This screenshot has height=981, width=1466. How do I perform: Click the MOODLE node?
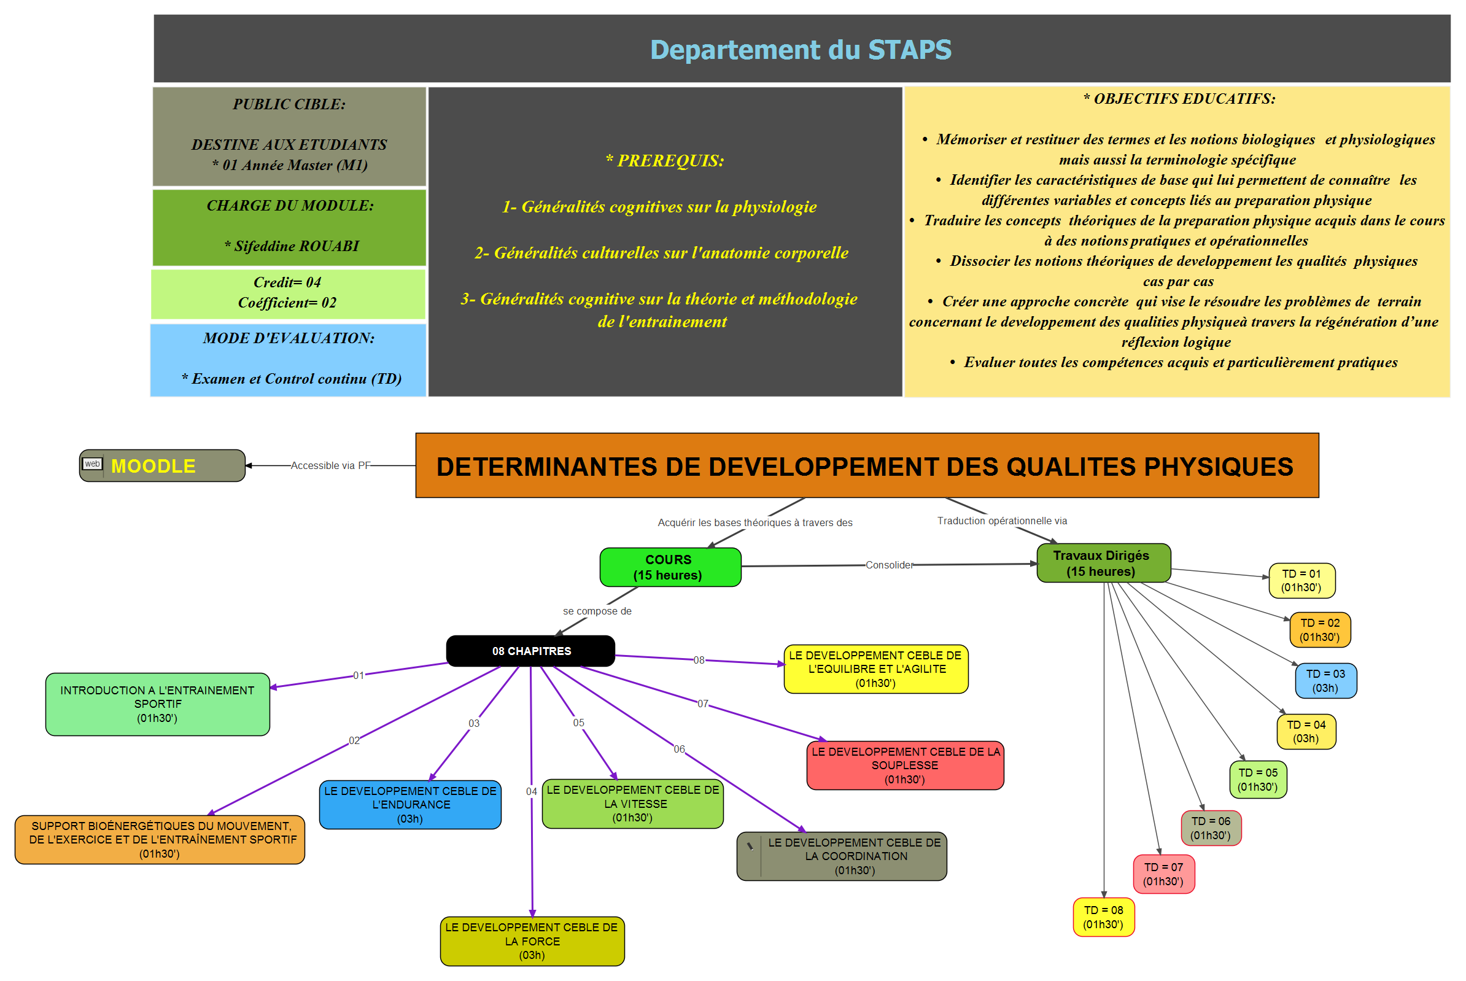pos(162,465)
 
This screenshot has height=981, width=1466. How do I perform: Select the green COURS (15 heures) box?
pos(670,567)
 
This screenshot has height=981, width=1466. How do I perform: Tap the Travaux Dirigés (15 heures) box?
pos(1103,563)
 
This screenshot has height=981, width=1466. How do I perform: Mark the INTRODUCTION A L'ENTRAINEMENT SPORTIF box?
pos(158,704)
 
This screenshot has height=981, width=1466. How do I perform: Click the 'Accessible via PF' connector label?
pos(330,465)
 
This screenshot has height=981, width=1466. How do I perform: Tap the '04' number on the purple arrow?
pos(531,791)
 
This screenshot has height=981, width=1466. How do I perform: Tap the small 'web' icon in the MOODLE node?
pos(93,463)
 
